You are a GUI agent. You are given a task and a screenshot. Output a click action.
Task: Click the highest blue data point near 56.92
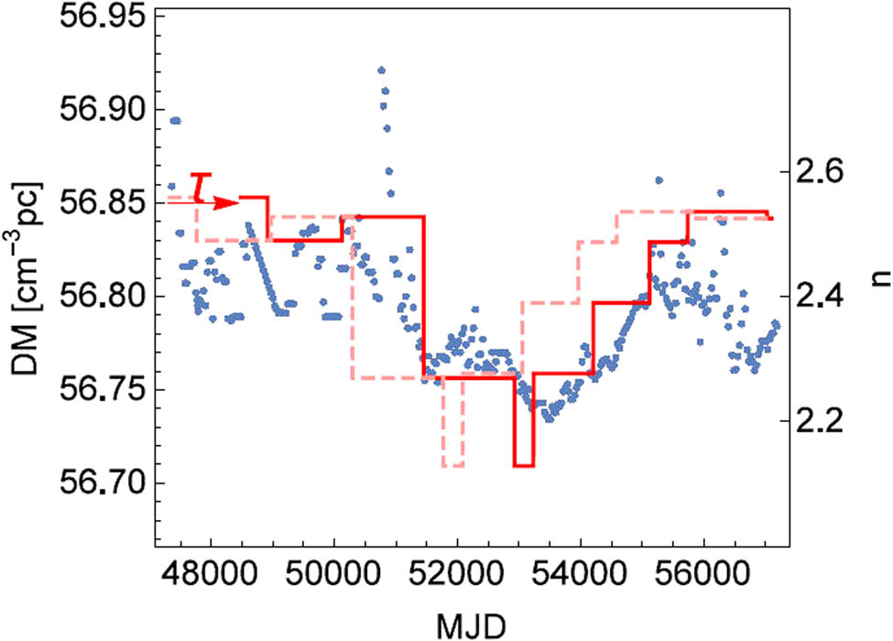[382, 70]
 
